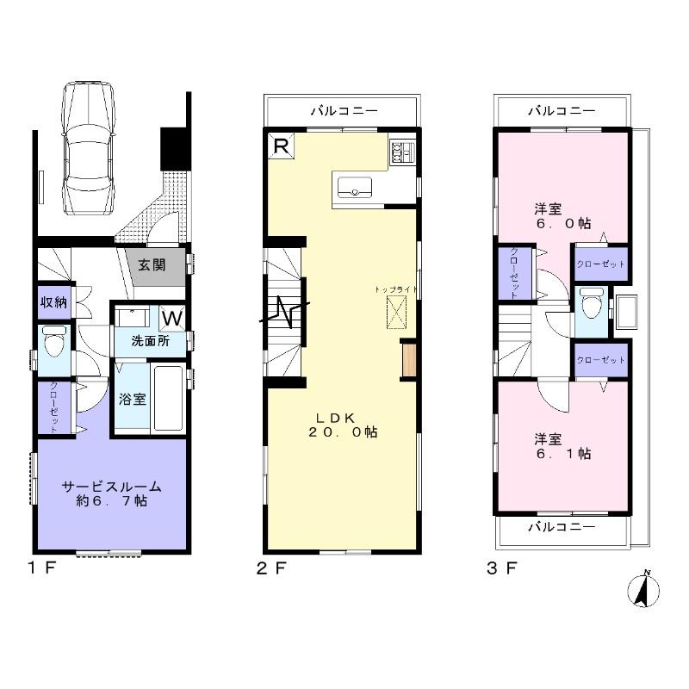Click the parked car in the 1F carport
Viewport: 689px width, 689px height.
85,151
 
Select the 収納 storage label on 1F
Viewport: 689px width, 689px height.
52,302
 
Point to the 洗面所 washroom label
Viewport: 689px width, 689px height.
150,341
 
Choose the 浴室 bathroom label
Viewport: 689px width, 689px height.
133,399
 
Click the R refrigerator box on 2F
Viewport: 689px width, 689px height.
280,146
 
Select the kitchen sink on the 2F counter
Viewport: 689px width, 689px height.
353,187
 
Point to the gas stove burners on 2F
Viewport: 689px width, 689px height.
402,152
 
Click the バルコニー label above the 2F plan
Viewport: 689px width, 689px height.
343,111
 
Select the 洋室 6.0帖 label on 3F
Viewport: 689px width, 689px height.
562,215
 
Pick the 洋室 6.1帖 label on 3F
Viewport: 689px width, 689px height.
562,445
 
